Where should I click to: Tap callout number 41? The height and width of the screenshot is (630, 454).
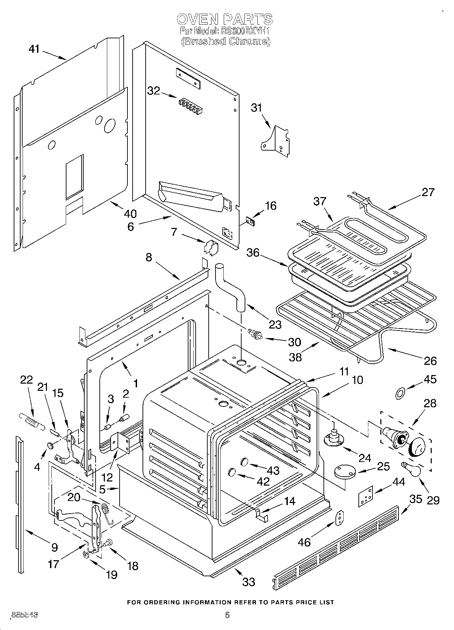coord(34,49)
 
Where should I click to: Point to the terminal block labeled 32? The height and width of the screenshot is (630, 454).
coord(190,105)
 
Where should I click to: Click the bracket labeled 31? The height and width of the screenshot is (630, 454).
coord(276,141)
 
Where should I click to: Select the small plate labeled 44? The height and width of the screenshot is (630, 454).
coord(365,496)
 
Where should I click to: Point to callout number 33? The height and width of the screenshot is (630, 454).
coord(249,581)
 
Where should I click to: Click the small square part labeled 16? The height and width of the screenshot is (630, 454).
coord(251,222)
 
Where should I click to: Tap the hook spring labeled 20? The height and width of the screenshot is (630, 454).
coord(106,513)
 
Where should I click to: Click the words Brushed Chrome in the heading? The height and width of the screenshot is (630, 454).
coord(226,41)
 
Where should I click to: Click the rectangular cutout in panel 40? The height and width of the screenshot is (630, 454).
coord(74,177)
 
